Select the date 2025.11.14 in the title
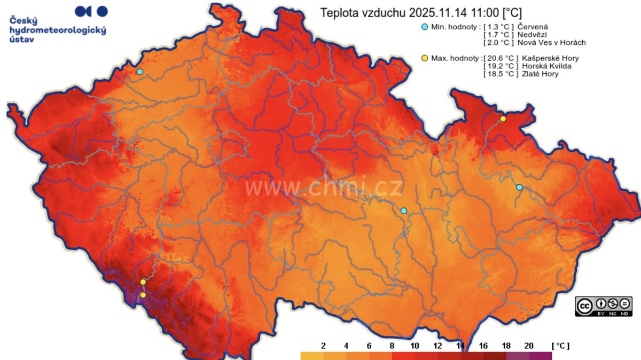pos(437,12)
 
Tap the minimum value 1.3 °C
pos(499,27)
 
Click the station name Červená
pos(533,27)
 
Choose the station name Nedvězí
pos(532,35)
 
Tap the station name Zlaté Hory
pos(540,74)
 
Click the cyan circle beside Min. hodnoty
pos(425,27)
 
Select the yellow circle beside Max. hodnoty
pos(425,58)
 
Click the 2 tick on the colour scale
pos(323,346)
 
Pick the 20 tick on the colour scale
pos(529,346)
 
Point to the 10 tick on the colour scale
pos(415,346)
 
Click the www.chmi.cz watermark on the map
pos(324,187)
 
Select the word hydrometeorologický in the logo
pos(58,30)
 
